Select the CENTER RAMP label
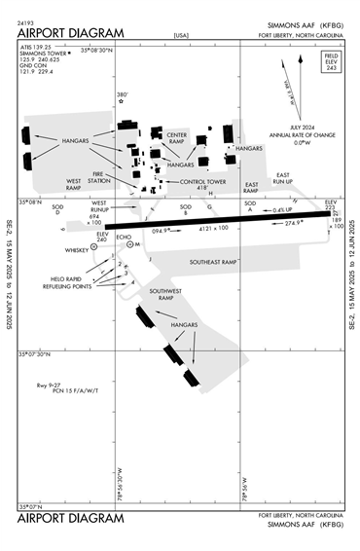coord(176,137)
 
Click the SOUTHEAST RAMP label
coord(214,262)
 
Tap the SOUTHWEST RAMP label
coord(161,294)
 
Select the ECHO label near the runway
coord(123,236)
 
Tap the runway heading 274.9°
coord(293,223)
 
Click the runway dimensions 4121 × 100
coord(207,228)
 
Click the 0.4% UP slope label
coord(282,210)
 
